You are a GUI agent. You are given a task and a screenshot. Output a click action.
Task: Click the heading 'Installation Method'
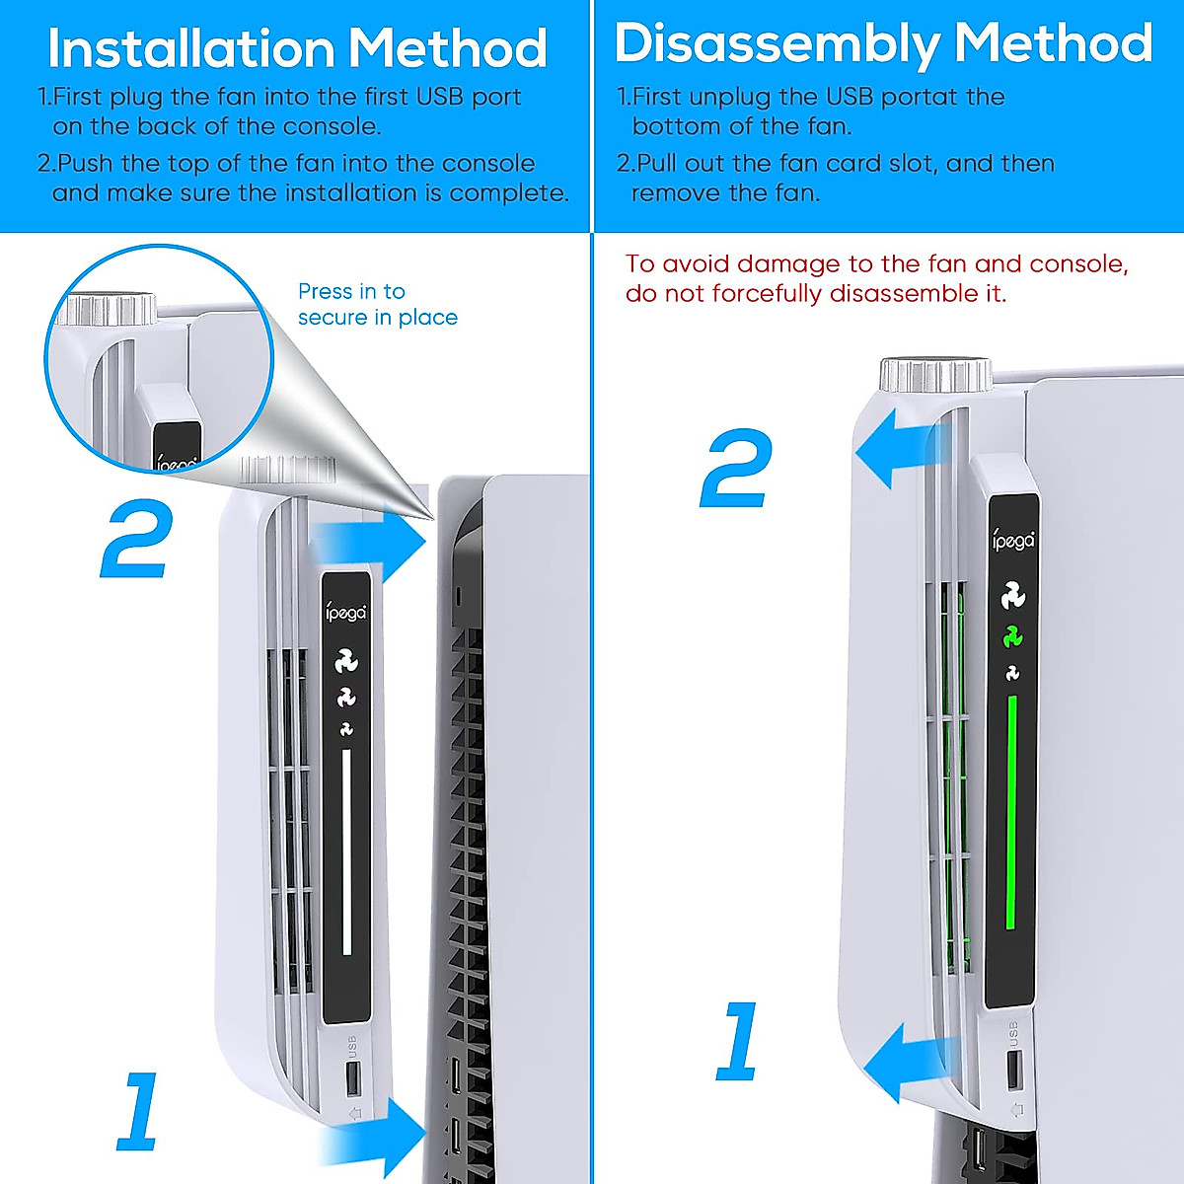point(297,48)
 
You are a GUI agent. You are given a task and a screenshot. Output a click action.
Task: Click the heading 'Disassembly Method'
point(883,44)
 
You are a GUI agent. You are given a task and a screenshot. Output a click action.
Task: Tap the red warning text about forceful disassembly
point(876,278)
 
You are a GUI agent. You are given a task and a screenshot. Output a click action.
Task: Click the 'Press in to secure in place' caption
point(377,304)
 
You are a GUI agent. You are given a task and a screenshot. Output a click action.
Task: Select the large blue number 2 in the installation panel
point(137,541)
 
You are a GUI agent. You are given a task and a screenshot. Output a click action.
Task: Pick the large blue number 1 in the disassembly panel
point(739,1040)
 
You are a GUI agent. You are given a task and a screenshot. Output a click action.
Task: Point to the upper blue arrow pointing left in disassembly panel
point(893,449)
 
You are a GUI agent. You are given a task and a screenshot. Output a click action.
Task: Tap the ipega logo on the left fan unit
point(346,613)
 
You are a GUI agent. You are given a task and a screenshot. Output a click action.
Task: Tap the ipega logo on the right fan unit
point(1013,542)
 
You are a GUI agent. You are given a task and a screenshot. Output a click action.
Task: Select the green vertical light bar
point(1010,812)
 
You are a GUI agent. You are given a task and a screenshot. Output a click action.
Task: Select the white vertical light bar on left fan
point(346,851)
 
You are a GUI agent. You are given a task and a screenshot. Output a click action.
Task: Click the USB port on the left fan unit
point(352,1077)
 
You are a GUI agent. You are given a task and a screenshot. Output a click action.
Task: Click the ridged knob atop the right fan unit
point(935,376)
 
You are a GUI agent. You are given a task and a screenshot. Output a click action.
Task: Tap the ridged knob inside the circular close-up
point(107,309)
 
